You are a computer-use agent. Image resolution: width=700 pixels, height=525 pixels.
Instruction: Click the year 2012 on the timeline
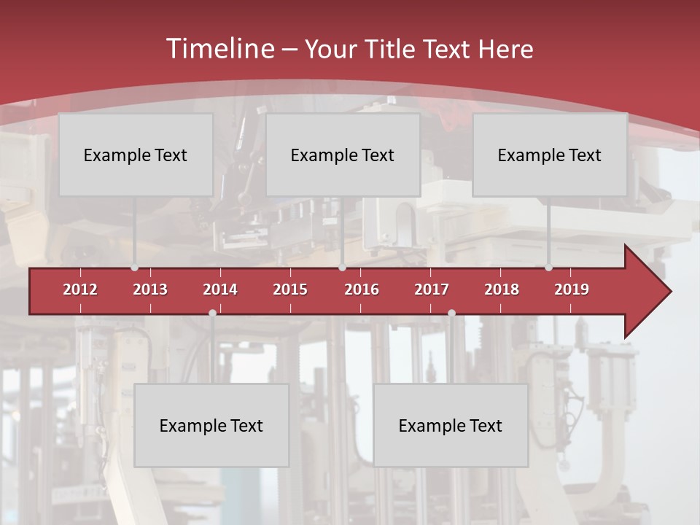[x=80, y=289]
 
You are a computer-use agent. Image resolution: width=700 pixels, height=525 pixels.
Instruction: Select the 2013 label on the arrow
[x=150, y=289]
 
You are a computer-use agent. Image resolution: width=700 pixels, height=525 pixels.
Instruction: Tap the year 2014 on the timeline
[x=220, y=289]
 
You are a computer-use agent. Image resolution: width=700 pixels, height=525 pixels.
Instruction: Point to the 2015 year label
[x=290, y=289]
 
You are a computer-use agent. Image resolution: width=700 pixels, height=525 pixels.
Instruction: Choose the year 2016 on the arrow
[x=362, y=289]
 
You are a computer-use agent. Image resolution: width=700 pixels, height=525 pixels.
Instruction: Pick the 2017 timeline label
[x=432, y=289]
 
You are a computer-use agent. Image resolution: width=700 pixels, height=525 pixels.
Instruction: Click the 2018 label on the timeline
[x=502, y=289]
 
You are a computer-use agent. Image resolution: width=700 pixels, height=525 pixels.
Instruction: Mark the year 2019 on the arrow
[x=572, y=289]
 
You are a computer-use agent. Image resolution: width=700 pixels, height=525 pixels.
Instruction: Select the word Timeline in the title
[x=219, y=49]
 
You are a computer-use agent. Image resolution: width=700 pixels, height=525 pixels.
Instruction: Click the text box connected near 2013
[x=136, y=155]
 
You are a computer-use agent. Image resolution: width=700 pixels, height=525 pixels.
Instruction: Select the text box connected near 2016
[x=343, y=155]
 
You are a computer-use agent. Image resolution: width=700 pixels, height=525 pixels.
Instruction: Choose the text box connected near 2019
[x=550, y=155]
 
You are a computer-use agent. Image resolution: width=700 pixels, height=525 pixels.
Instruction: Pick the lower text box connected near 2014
[x=211, y=425]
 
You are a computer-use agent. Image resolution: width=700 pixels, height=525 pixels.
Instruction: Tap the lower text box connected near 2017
[x=451, y=425]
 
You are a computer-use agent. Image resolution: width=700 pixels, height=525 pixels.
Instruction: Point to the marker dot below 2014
[x=212, y=313]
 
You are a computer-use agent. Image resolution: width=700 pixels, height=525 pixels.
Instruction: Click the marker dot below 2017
[x=451, y=313]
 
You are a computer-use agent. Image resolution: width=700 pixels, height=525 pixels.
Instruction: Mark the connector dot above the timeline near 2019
[x=549, y=268]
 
